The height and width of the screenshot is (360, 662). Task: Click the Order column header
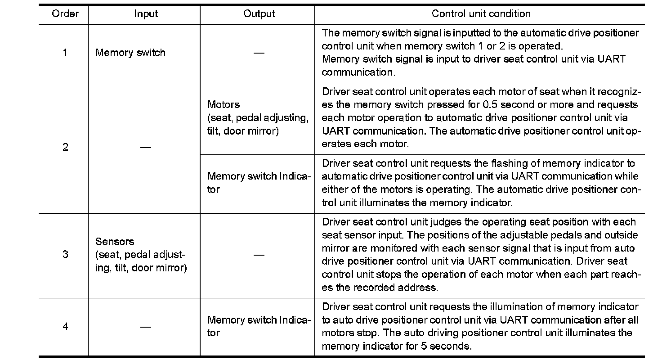pyautogui.click(x=65, y=14)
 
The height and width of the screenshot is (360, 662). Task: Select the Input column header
pyautogui.click(x=146, y=14)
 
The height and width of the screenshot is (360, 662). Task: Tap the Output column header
pyautogui.click(x=259, y=14)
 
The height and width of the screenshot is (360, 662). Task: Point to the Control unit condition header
pyautogui.click(x=481, y=14)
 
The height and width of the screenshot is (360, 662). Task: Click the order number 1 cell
pyautogui.click(x=65, y=53)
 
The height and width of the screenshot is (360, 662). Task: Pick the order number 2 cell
pyautogui.click(x=65, y=147)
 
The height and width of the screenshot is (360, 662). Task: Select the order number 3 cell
pyautogui.click(x=65, y=255)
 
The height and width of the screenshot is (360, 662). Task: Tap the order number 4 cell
pyautogui.click(x=65, y=327)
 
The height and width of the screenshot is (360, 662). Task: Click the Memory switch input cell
pyautogui.click(x=130, y=53)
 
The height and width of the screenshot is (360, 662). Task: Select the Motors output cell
pyautogui.click(x=258, y=118)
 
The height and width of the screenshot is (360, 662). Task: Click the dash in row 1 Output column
pyautogui.click(x=259, y=53)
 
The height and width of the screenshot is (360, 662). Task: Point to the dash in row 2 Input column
pyautogui.click(x=145, y=147)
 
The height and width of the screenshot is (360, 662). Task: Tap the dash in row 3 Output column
pyautogui.click(x=259, y=255)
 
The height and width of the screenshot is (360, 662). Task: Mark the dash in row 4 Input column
pyautogui.click(x=145, y=327)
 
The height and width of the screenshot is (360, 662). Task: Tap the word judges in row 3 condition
pyautogui.click(x=465, y=222)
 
